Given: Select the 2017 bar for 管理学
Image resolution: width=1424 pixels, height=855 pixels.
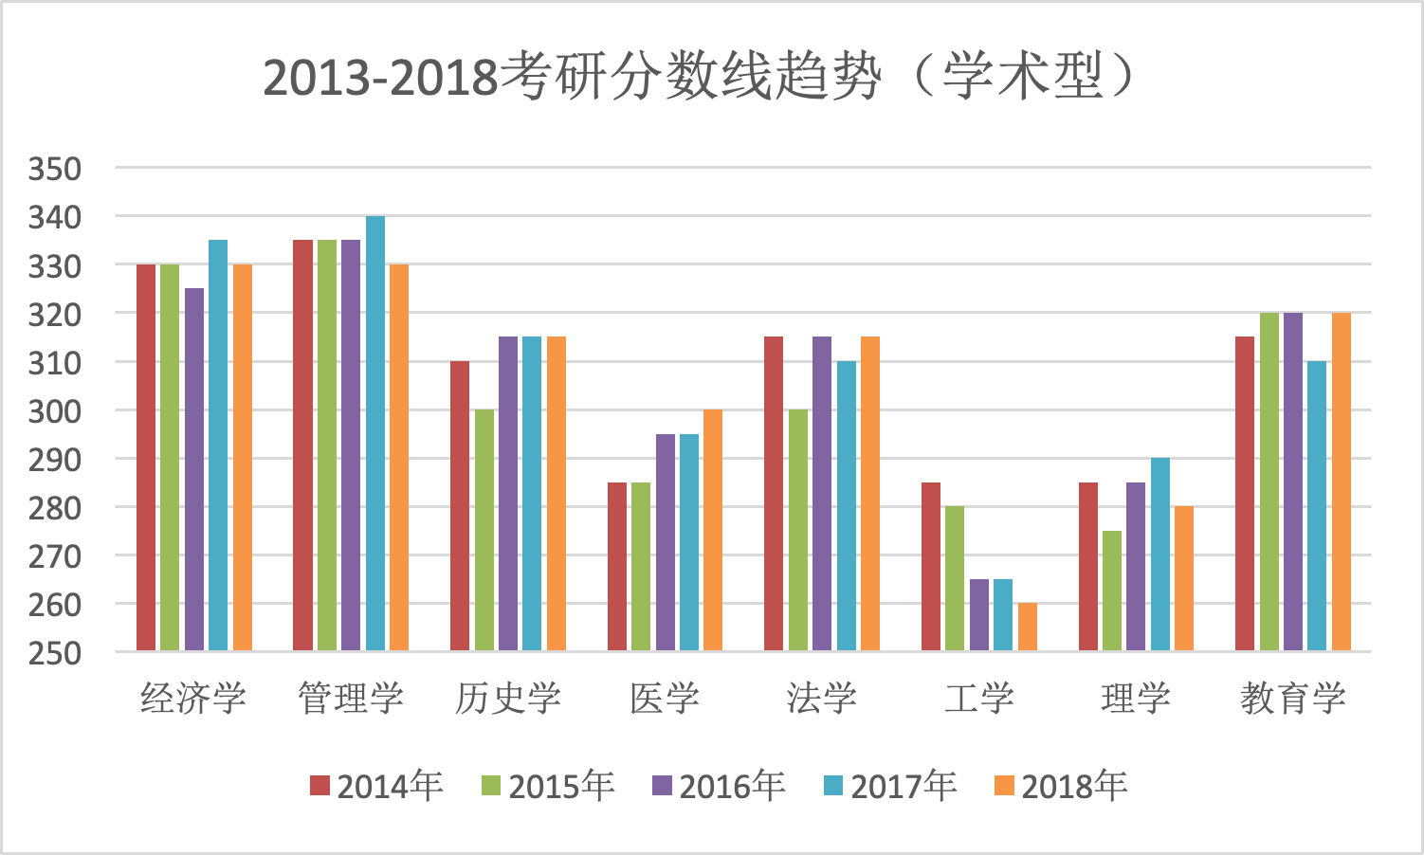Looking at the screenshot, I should pyautogui.click(x=375, y=433).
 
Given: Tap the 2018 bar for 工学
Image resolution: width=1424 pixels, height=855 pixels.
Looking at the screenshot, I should pyautogui.click(x=1028, y=627).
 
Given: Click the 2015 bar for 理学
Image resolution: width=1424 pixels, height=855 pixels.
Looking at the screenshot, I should pyautogui.click(x=1112, y=591).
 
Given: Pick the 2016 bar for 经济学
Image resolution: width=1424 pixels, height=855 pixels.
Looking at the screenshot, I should pyautogui.click(x=194, y=469).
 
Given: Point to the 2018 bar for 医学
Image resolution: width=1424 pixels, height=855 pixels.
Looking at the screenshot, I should pyautogui.click(x=713, y=530).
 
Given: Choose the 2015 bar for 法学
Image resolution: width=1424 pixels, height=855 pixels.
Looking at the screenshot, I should pyautogui.click(x=798, y=530).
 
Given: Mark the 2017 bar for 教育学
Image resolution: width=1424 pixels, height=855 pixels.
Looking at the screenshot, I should pyautogui.click(x=1317, y=506).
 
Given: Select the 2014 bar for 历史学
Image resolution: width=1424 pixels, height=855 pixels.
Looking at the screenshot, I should pyautogui.click(x=460, y=506).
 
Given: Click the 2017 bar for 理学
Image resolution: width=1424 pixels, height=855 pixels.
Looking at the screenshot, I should pyautogui.click(x=1160, y=555).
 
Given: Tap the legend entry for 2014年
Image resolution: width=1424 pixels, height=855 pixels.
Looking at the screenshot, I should pyautogui.click(x=376, y=786).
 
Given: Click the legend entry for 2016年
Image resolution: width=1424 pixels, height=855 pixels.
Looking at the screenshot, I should pyautogui.click(x=719, y=786).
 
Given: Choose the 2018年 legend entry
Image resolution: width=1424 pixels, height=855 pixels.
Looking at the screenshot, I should pyautogui.click(x=1061, y=786).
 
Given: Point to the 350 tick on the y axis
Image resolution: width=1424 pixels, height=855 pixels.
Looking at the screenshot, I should pyautogui.click(x=55, y=170).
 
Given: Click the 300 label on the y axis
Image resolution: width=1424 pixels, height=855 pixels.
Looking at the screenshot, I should pyautogui.click(x=55, y=411).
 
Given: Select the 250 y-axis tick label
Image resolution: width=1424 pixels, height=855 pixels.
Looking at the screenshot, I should pyautogui.click(x=55, y=653).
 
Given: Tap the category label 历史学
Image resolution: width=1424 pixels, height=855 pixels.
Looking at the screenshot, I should pyautogui.click(x=508, y=699).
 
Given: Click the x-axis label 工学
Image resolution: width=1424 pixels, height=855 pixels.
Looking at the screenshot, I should pyautogui.click(x=979, y=699).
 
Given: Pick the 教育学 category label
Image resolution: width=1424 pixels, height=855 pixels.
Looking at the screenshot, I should pyautogui.click(x=1293, y=699).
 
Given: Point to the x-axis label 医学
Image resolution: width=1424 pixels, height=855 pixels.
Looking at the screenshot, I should pyautogui.click(x=665, y=699).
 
